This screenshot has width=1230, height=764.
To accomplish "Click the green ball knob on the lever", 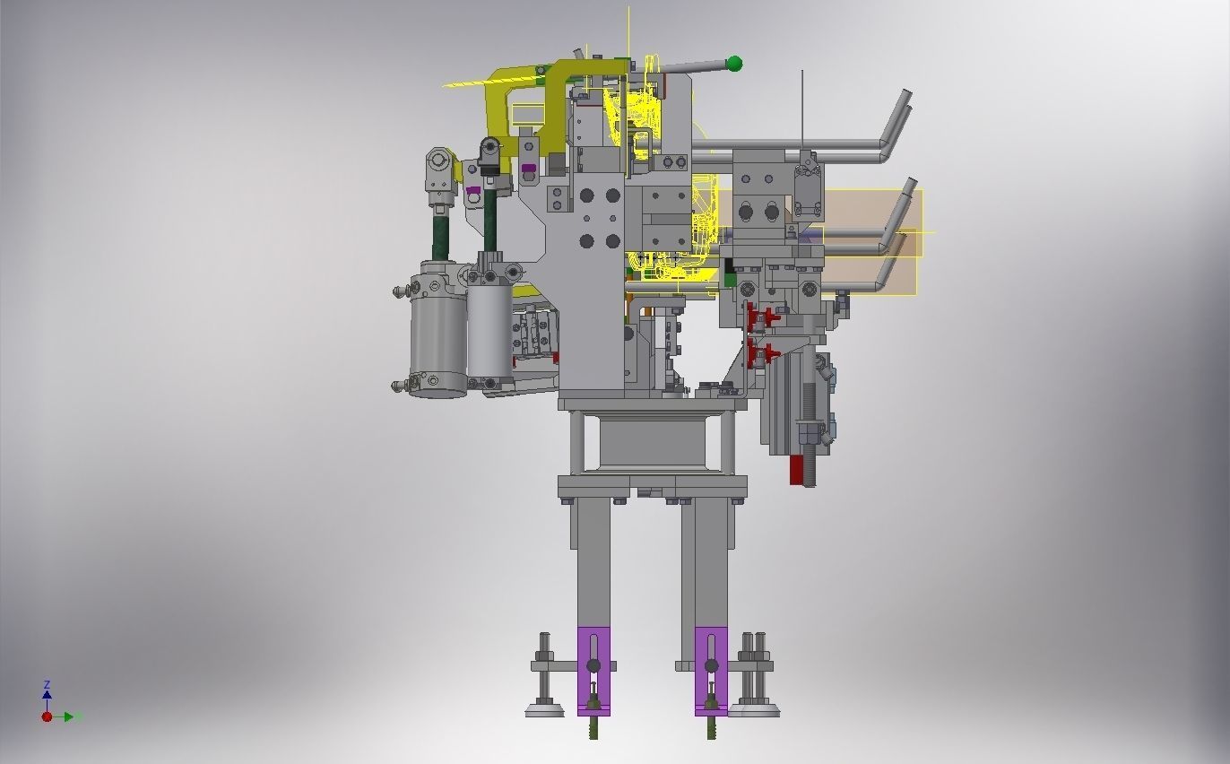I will point(734,63).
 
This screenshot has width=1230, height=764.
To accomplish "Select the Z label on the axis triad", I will point(47,684).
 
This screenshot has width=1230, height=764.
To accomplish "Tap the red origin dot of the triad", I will point(47,716).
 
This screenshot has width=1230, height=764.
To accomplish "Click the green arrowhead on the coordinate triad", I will point(78,716).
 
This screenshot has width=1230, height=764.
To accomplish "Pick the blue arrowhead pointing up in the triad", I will point(47,694).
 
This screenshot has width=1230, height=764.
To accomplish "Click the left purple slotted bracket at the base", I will point(593,669).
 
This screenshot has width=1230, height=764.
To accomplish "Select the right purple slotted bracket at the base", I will point(711,669).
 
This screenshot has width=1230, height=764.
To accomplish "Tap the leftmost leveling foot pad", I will point(544,711).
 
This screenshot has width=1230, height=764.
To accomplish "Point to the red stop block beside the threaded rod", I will point(795,470).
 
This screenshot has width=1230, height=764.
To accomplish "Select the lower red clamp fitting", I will point(761,353).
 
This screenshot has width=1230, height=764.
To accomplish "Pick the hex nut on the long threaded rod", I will point(809,435).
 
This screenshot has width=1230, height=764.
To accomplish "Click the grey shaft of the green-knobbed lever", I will point(690,66).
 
